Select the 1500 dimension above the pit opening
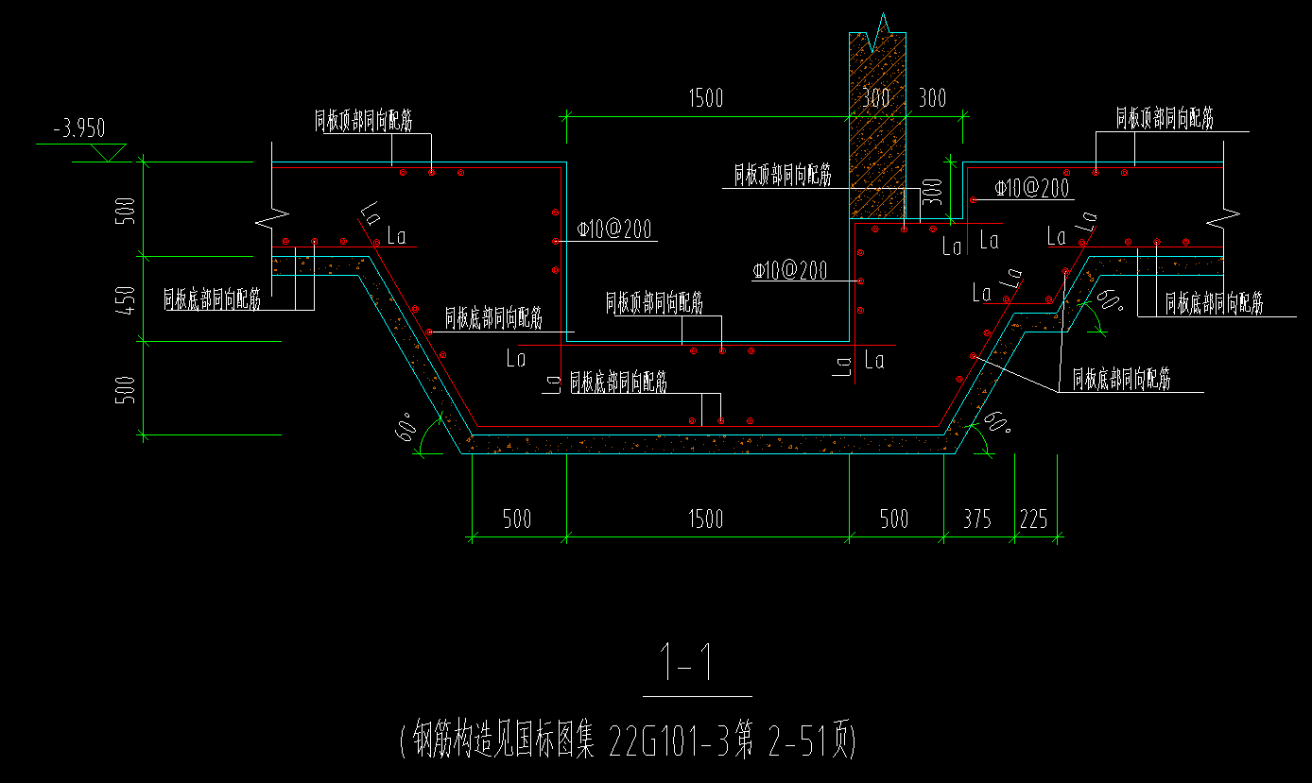tap(705, 98)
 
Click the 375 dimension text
tap(977, 519)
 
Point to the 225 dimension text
tap(1034, 519)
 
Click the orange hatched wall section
tap(878, 142)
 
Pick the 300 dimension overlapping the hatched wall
tap(876, 98)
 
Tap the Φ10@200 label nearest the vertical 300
tap(1031, 188)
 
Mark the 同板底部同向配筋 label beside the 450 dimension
tap(212, 300)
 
